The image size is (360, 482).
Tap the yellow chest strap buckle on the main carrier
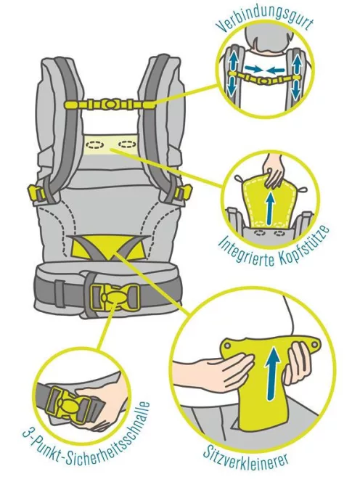click(109, 104)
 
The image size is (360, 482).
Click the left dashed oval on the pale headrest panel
click(96, 144)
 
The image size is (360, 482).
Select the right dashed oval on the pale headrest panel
click(127, 143)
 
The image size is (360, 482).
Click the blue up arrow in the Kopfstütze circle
click(271, 205)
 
